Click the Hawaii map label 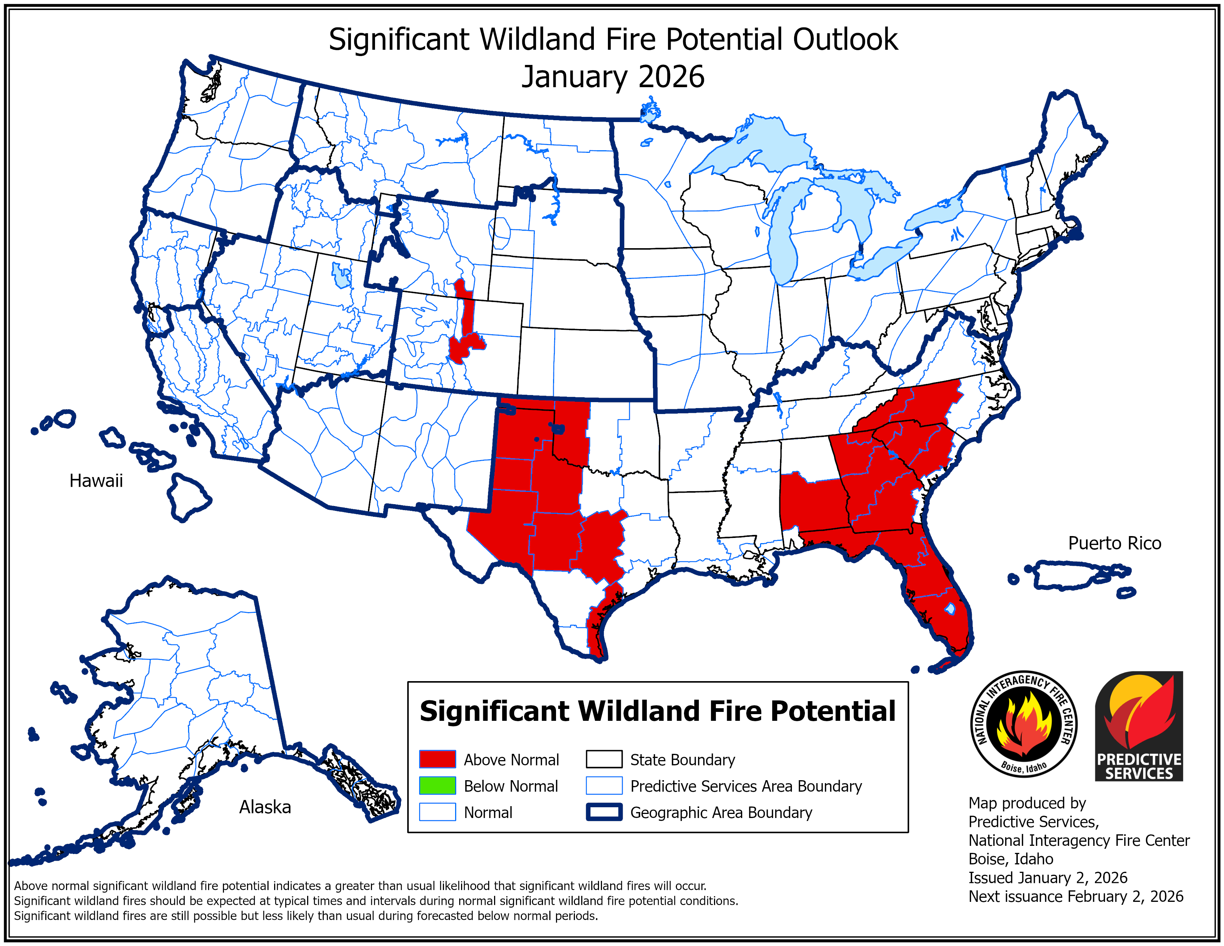coord(96,481)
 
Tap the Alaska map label coord(265,807)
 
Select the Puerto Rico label coord(1114,543)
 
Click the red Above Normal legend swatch coord(437,759)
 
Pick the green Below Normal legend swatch coord(437,786)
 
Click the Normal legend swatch coord(437,812)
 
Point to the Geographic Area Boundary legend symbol coord(603,812)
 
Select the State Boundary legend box coord(603,759)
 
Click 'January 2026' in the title coord(613,77)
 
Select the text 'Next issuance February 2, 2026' coord(1076,897)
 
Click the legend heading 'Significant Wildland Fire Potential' coord(657,711)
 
